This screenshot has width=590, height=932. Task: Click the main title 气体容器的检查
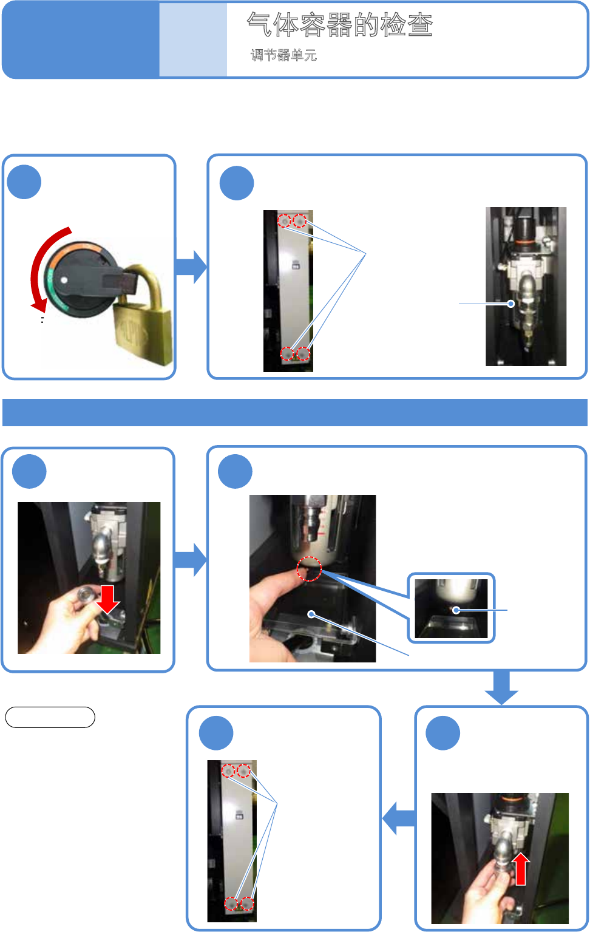[x=339, y=24]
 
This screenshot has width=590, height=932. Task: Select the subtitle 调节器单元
[x=283, y=55]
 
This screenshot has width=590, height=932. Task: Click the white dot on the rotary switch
[x=64, y=280]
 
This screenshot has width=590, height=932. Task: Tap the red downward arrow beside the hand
[x=107, y=599]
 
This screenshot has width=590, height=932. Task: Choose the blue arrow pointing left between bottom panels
[x=399, y=818]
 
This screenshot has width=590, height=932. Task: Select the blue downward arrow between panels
[x=501, y=687]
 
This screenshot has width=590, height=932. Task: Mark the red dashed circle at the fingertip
[x=309, y=569]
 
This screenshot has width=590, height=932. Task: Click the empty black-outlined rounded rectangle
[x=50, y=717]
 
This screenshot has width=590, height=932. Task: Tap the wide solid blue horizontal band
[x=294, y=412]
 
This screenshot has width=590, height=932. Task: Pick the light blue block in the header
[x=193, y=40]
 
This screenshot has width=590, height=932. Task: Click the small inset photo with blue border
[x=451, y=608]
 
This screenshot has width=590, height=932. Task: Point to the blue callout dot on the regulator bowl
[x=511, y=304]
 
